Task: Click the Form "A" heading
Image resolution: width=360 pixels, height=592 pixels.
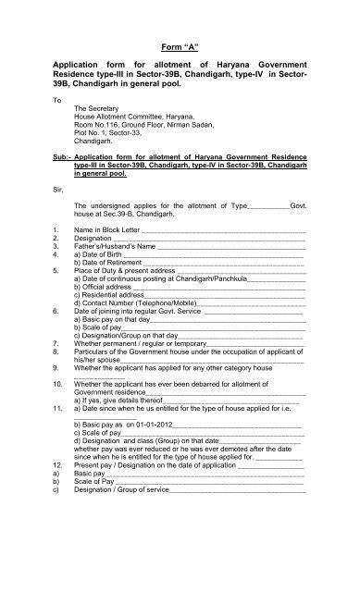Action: [180, 44]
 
